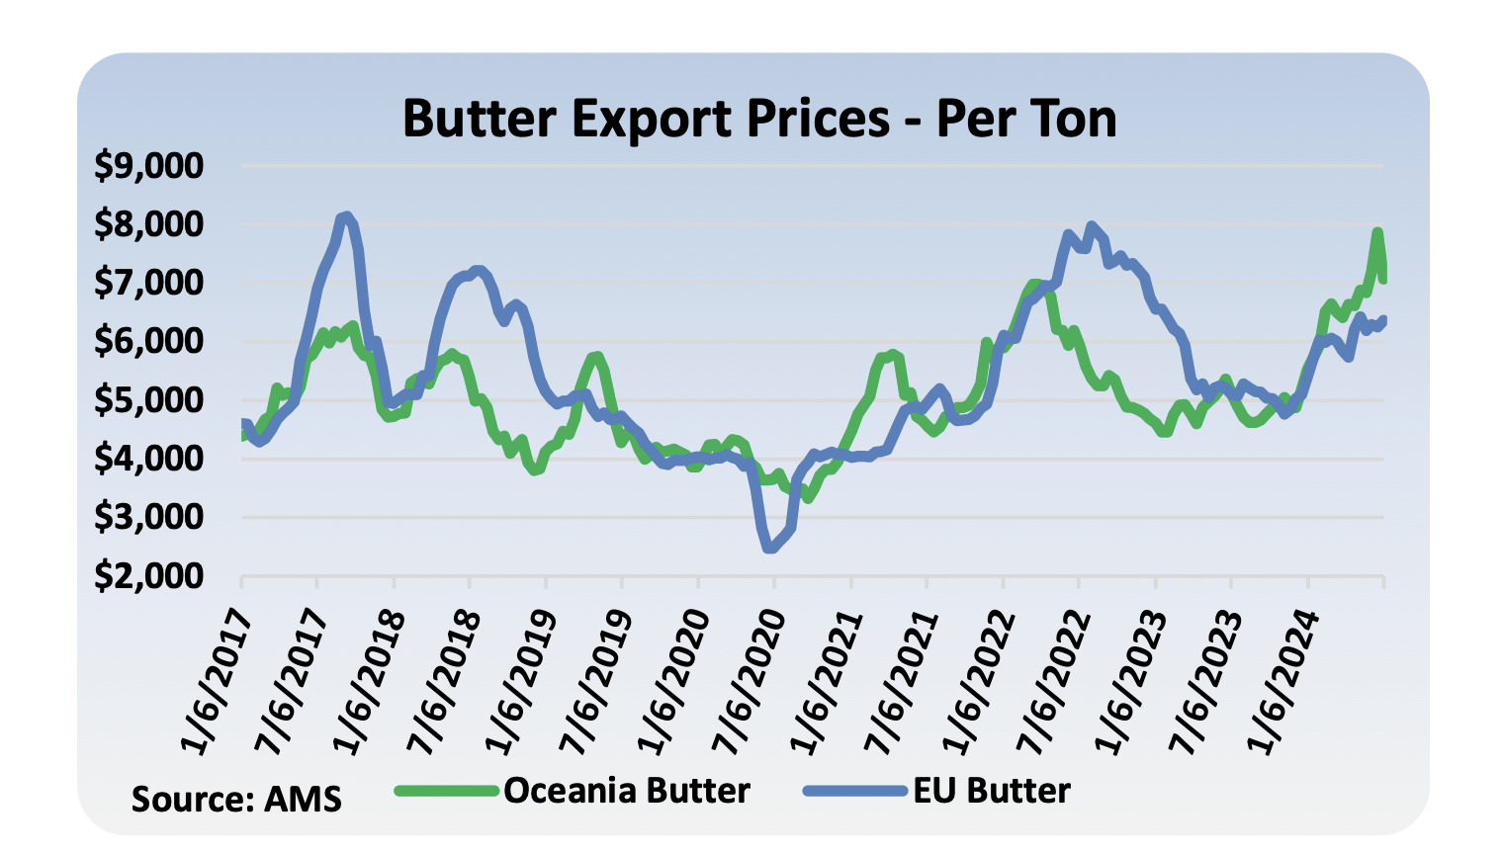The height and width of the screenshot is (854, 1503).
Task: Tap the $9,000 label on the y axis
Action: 148,166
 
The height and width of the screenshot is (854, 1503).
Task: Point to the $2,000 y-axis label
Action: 148,575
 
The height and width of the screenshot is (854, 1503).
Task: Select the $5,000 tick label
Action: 148,400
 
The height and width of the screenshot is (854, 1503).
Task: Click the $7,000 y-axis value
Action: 148,284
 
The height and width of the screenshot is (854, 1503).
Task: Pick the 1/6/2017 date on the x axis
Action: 217,682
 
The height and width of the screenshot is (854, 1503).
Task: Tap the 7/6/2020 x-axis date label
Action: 749,682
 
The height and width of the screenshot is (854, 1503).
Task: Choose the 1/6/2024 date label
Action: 1282,682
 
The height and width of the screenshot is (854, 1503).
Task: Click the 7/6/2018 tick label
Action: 444,682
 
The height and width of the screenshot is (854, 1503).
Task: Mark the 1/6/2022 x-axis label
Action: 978,682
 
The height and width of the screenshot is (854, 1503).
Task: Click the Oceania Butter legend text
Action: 627,791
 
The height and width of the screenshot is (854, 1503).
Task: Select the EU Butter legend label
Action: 991,791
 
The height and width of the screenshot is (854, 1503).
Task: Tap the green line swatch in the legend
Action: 446,791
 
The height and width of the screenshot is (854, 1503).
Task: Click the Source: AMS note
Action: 236,799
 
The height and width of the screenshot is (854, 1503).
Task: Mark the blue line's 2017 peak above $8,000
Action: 344,215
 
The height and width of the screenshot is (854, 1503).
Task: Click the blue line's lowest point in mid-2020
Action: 770,548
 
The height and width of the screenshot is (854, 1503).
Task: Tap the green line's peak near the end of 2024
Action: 1376,233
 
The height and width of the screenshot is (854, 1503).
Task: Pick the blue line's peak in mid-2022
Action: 1091,226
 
